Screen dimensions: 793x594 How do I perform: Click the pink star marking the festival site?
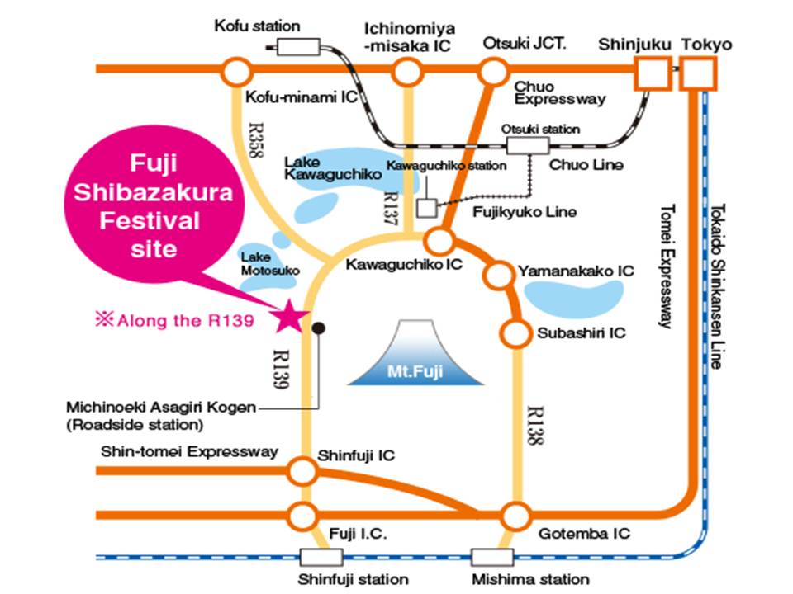coord(289,316)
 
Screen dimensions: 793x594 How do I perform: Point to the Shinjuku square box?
coord(653,73)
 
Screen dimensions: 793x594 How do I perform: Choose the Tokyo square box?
coord(698,73)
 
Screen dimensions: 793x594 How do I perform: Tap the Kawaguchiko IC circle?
coord(439,241)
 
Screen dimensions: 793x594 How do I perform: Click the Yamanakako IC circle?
coord(499,274)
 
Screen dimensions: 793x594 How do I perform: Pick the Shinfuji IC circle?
coord(302,471)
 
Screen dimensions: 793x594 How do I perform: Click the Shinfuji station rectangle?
coord(321,558)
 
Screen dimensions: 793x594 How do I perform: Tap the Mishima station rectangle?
coord(492,558)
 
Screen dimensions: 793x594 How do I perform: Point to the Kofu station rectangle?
coord(298,47)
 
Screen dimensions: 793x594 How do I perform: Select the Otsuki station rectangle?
coord(528,145)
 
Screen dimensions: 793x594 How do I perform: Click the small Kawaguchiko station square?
coord(427,208)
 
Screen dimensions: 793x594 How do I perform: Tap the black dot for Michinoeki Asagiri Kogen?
coord(318,328)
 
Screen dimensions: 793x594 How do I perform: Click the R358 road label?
coord(257,140)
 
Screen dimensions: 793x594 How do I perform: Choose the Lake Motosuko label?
coord(270,264)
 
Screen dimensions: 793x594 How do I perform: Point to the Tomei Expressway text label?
coord(667,266)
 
